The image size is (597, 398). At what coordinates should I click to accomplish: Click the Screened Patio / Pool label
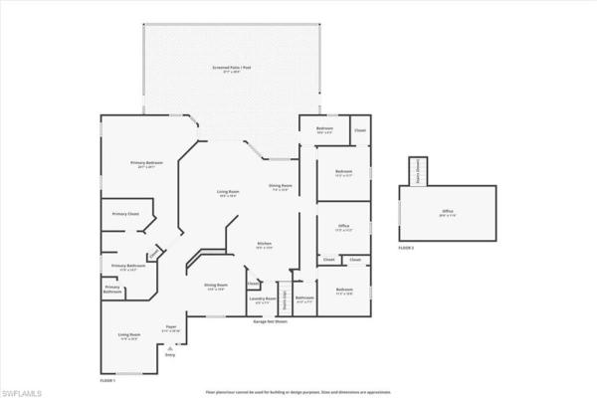[x=235, y=69]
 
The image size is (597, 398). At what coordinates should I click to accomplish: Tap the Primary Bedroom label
[x=146, y=163]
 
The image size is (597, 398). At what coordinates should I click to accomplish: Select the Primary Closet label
[x=125, y=214]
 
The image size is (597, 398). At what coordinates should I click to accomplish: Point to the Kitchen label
[x=266, y=245]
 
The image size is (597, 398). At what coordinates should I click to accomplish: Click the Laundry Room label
[x=263, y=298]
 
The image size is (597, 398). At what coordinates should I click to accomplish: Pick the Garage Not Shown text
[x=270, y=321]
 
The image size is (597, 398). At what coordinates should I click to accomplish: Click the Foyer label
[x=171, y=325]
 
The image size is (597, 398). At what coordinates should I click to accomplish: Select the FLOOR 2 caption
[x=406, y=247]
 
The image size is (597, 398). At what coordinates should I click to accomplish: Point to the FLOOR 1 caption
[x=107, y=381]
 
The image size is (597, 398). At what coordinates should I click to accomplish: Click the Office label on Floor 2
[x=448, y=211]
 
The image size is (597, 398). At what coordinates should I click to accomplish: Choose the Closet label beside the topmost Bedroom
[x=360, y=129]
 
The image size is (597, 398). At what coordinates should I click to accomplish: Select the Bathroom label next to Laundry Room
[x=305, y=298]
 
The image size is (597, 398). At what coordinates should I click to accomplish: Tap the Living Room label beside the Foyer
[x=128, y=335]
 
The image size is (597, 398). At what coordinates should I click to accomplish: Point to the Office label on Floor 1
[x=343, y=227]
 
